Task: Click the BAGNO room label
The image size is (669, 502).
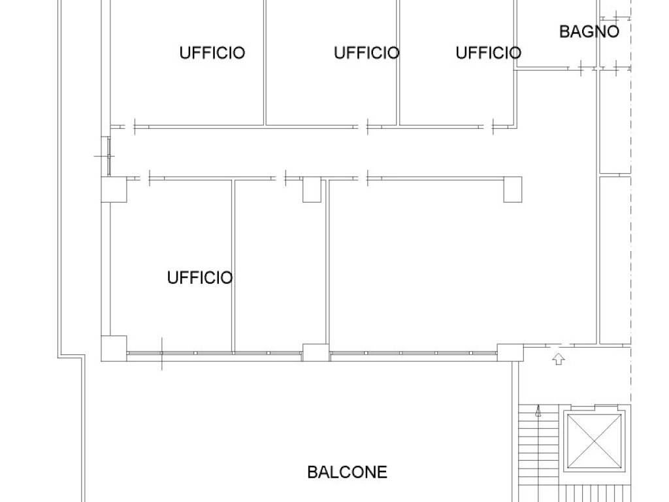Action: pyautogui.click(x=589, y=31)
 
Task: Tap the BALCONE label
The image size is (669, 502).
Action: pyautogui.click(x=348, y=472)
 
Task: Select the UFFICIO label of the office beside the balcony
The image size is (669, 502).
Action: pyautogui.click(x=200, y=278)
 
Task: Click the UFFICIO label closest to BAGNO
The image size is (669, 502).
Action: pyautogui.click(x=489, y=53)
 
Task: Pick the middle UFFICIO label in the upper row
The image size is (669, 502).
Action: pyautogui.click(x=367, y=53)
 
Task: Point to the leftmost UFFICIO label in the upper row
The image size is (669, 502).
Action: pyautogui.click(x=212, y=53)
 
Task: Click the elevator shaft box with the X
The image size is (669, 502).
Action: pyautogui.click(x=595, y=441)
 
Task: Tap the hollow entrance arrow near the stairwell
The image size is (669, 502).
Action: pyautogui.click(x=559, y=359)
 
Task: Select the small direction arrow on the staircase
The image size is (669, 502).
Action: pyautogui.click(x=538, y=411)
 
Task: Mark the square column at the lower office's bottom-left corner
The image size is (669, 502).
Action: pyautogui.click(x=114, y=348)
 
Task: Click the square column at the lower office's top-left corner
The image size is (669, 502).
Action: pyautogui.click(x=114, y=189)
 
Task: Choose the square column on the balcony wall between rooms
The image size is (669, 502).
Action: pyautogui.click(x=316, y=352)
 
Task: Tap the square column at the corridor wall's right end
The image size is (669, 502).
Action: pyautogui.click(x=513, y=189)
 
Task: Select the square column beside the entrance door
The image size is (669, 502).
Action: pyautogui.click(x=510, y=352)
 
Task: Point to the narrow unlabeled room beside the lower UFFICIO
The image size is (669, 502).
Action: pyautogui.click(x=280, y=265)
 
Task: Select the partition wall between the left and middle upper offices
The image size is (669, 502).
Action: pyautogui.click(x=265, y=63)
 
